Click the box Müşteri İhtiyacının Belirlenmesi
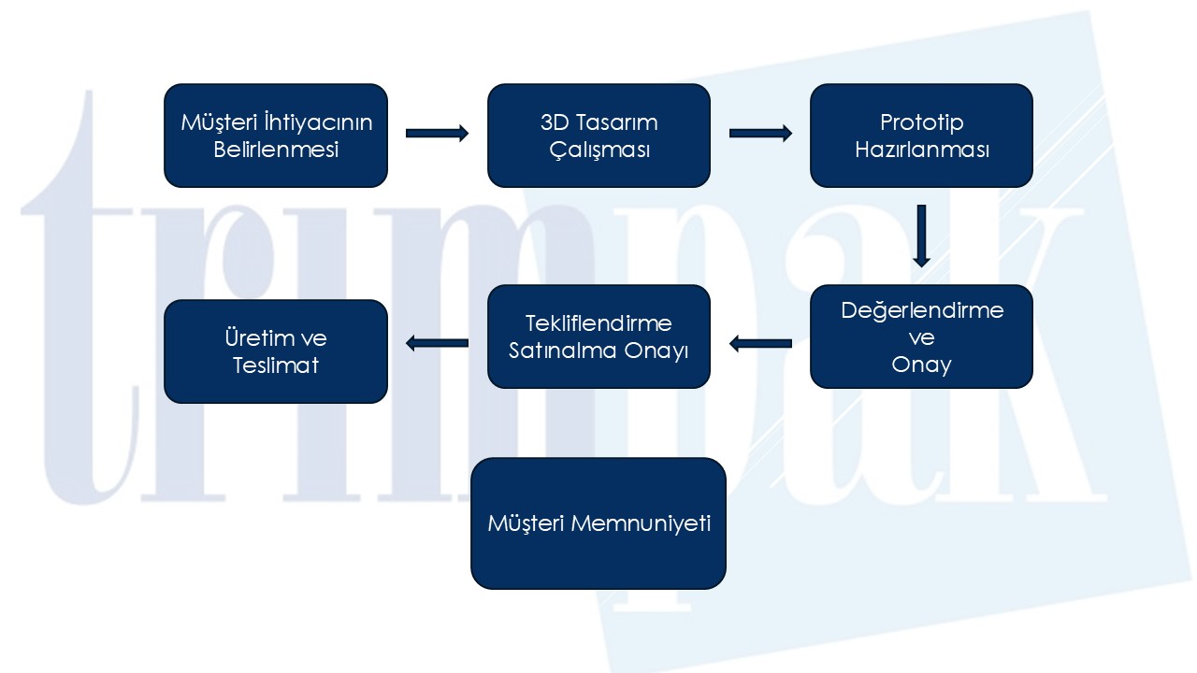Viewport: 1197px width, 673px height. [x=276, y=136]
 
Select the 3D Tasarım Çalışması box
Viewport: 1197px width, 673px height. [x=598, y=136]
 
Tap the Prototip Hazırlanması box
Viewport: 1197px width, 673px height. [x=921, y=136]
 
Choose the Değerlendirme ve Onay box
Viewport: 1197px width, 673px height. [x=921, y=336]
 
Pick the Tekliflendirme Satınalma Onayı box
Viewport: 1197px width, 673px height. [x=598, y=336]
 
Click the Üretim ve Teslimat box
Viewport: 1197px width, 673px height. [x=276, y=351]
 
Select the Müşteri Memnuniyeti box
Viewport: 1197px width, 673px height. [x=598, y=523]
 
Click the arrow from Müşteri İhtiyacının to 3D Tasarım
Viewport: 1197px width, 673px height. [x=437, y=134]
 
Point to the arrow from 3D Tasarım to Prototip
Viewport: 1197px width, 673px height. [x=759, y=134]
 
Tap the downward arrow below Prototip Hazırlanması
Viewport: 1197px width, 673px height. [x=921, y=235]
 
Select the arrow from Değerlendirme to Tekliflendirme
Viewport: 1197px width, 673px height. [x=759, y=344]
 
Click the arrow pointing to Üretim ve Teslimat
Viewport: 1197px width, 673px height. [x=437, y=344]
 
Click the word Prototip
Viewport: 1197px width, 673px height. [x=921, y=122]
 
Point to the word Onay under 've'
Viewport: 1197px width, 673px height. [x=921, y=365]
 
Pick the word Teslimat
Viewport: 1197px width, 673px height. [x=276, y=365]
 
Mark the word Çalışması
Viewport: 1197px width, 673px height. [x=598, y=150]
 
